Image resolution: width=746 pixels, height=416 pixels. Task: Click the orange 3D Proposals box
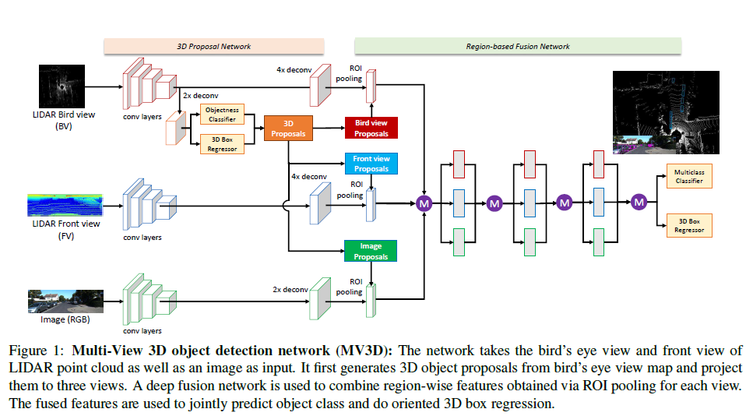(x=288, y=129)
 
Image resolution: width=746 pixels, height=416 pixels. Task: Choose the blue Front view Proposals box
(x=371, y=164)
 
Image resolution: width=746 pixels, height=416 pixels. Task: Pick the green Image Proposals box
(x=371, y=251)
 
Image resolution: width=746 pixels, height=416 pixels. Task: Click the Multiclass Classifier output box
(x=688, y=177)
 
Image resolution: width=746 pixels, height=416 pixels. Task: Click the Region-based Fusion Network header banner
(x=518, y=47)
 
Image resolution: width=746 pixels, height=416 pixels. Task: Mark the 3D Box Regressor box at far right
(x=688, y=226)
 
